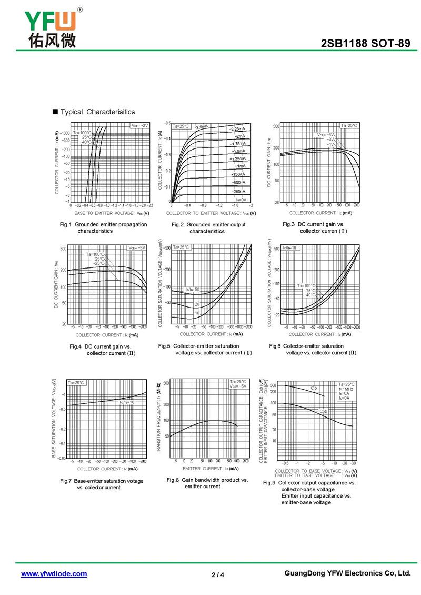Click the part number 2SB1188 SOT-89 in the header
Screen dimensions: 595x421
[x=365, y=44]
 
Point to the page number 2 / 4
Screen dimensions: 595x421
[x=217, y=574]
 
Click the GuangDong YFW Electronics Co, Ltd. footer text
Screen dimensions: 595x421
[x=347, y=573]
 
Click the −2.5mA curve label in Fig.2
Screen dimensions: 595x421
[x=201, y=127]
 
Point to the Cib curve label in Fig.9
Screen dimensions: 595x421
[x=314, y=389]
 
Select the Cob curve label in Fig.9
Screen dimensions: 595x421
[x=323, y=411]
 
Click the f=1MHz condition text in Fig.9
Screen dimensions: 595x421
[x=346, y=389]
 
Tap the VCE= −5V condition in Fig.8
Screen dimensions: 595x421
[x=237, y=386]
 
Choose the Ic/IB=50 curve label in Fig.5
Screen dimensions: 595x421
[x=192, y=290]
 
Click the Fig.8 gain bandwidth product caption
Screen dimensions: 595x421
[x=207, y=483]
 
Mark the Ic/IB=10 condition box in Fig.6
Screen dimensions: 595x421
[x=290, y=247]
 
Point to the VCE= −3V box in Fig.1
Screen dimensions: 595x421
[x=140, y=125]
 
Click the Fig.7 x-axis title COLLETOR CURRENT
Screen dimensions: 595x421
[x=107, y=469]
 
